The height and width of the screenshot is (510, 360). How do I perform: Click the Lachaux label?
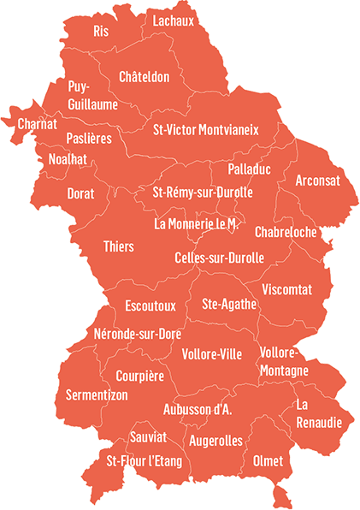[x=174, y=20]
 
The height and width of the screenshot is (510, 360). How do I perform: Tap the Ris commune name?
[x=101, y=32]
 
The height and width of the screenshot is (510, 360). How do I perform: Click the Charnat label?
[x=38, y=124]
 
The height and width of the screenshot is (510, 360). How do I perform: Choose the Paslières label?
[x=89, y=139]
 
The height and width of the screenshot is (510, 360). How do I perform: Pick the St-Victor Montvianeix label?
[x=205, y=130]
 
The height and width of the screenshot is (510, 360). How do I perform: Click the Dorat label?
[x=81, y=194]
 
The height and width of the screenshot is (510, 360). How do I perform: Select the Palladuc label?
[x=249, y=169]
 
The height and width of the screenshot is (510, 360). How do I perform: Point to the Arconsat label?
[x=317, y=181]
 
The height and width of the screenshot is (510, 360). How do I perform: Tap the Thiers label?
[x=118, y=246]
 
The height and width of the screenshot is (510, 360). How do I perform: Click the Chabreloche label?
[x=286, y=232]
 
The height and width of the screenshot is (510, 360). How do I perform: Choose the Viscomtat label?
[x=287, y=288]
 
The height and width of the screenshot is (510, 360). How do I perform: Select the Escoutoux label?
[x=150, y=305]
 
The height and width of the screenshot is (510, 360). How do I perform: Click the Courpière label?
[x=139, y=375]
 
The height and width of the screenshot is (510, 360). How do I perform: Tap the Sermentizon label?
[x=97, y=395]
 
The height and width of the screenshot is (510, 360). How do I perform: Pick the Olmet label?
[x=268, y=460]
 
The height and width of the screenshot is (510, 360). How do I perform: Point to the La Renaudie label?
[x=319, y=414]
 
